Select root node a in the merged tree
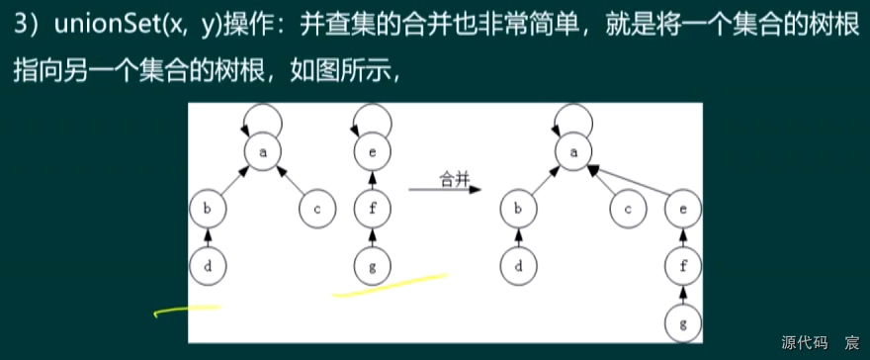(573, 151)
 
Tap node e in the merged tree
(683, 209)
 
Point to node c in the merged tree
(628, 209)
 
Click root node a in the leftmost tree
(262, 151)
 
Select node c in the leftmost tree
(316, 209)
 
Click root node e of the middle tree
(371, 151)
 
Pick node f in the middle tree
(371, 209)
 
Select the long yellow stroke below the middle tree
(390, 284)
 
